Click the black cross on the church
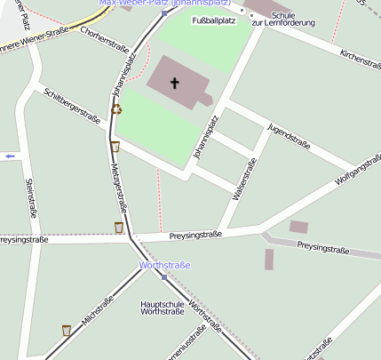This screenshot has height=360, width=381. click(x=174, y=84)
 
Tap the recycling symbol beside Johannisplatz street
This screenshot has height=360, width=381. click(x=116, y=109)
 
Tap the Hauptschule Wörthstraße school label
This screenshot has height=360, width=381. click(x=163, y=308)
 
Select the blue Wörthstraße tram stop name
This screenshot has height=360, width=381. click(x=165, y=265)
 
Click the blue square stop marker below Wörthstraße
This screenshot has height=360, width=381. click(x=164, y=277)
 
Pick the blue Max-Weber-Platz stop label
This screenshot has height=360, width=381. click(x=165, y=3)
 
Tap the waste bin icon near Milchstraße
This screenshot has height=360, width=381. click(x=67, y=330)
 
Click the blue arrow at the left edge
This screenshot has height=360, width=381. click(x=10, y=156)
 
